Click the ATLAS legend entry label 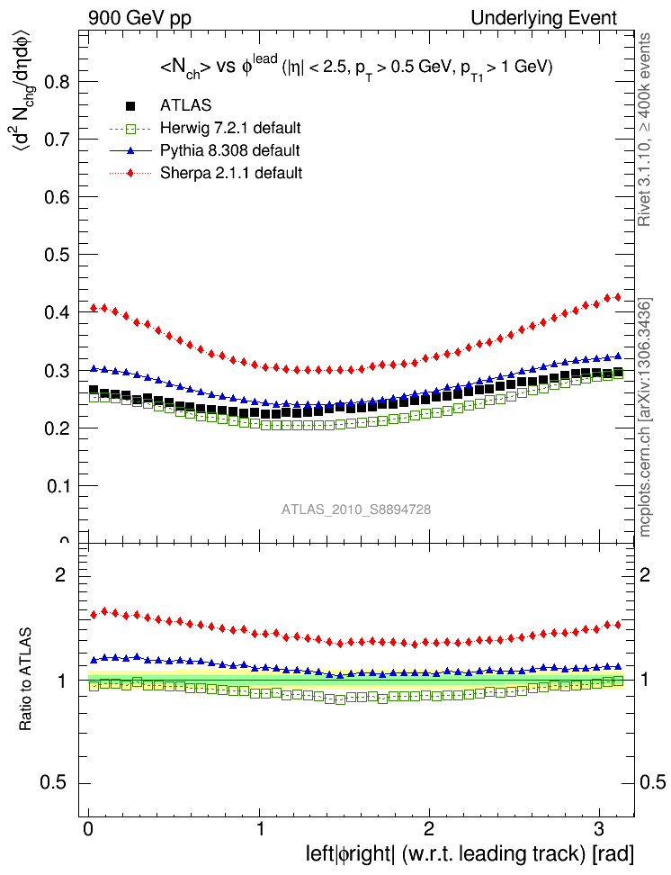(186, 105)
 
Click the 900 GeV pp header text (139, 18)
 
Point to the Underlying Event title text (544, 18)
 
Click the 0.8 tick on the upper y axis (58, 81)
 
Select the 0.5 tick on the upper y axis (58, 255)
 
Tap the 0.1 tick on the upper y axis (58, 486)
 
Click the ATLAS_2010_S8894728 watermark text (356, 510)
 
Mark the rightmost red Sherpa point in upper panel (617, 297)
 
